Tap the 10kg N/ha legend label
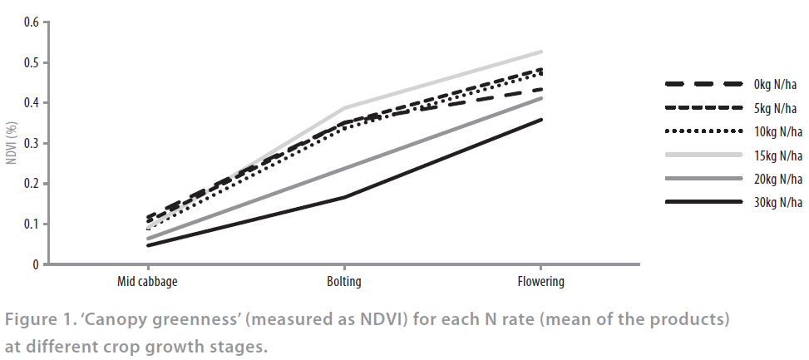coord(778,131)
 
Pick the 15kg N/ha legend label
coord(778,155)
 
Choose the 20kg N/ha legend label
coord(778,179)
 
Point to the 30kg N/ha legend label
coord(778,202)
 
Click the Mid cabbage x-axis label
coord(147,282)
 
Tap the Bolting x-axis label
coord(344,282)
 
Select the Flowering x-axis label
coord(541,282)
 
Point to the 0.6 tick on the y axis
coord(32,22)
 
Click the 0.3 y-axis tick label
coord(32,144)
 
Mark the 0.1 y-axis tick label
coord(32,224)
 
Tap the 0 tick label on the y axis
coord(36,265)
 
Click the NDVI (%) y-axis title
coord(12,142)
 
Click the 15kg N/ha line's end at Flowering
coord(541,52)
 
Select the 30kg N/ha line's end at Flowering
coord(541,120)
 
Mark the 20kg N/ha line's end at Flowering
coord(541,98)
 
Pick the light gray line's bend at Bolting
coord(344,108)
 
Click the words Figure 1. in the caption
coord(42,320)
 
